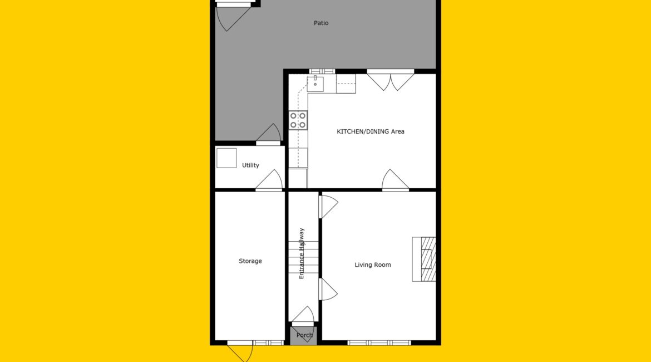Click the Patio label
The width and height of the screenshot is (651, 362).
[x=321, y=23]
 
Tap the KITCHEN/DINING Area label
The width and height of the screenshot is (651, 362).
[x=371, y=131]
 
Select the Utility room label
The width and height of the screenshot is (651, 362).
[x=250, y=165]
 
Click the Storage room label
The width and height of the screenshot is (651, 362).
[x=250, y=261]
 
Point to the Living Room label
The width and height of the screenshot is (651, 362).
[x=372, y=265]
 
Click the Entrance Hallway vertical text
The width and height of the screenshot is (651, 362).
[x=302, y=253]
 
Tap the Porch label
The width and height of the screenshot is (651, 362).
[x=304, y=335]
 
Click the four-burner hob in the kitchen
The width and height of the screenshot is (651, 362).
[x=298, y=120]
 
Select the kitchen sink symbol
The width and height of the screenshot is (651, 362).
[x=315, y=84]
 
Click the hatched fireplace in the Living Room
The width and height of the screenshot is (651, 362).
[x=428, y=259]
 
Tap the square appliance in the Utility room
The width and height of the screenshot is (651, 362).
[x=226, y=158]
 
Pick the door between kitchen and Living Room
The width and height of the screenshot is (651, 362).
[x=395, y=180]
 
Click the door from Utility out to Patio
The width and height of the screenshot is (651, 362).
[x=269, y=134]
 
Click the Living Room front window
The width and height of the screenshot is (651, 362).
[x=379, y=343]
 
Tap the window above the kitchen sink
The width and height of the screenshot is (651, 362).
[x=322, y=71]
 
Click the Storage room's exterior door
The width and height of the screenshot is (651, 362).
[x=240, y=351]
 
